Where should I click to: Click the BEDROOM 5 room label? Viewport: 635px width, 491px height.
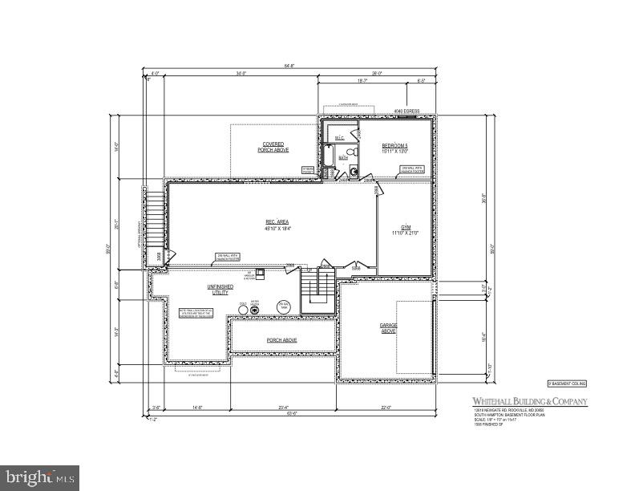[x=395, y=148]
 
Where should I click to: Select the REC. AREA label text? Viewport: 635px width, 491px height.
[x=277, y=225]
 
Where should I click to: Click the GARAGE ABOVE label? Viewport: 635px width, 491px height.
[x=389, y=327]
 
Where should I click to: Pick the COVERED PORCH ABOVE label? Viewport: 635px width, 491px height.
[x=273, y=148]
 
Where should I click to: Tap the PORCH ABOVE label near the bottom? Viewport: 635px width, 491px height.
[x=281, y=340]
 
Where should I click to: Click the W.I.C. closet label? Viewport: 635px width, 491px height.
[x=339, y=138]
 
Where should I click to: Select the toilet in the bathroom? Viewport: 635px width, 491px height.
[x=353, y=170]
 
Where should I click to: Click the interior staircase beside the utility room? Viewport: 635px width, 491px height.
[x=317, y=290]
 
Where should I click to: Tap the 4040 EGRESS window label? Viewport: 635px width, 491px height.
[x=406, y=112]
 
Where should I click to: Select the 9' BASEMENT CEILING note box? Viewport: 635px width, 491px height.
[x=567, y=384]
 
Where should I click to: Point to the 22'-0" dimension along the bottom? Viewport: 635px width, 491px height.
[x=386, y=408]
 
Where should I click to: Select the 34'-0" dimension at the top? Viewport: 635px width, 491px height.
[x=241, y=75]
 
